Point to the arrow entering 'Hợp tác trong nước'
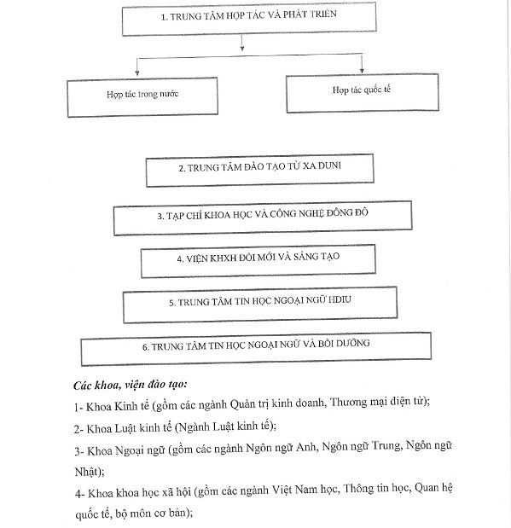click(136, 67)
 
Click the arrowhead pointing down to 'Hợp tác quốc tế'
click(362, 71)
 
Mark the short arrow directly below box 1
click(242, 43)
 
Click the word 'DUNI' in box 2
click(329, 165)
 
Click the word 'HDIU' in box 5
click(340, 299)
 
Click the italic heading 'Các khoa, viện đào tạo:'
click(131, 385)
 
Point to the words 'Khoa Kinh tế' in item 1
click(117, 406)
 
